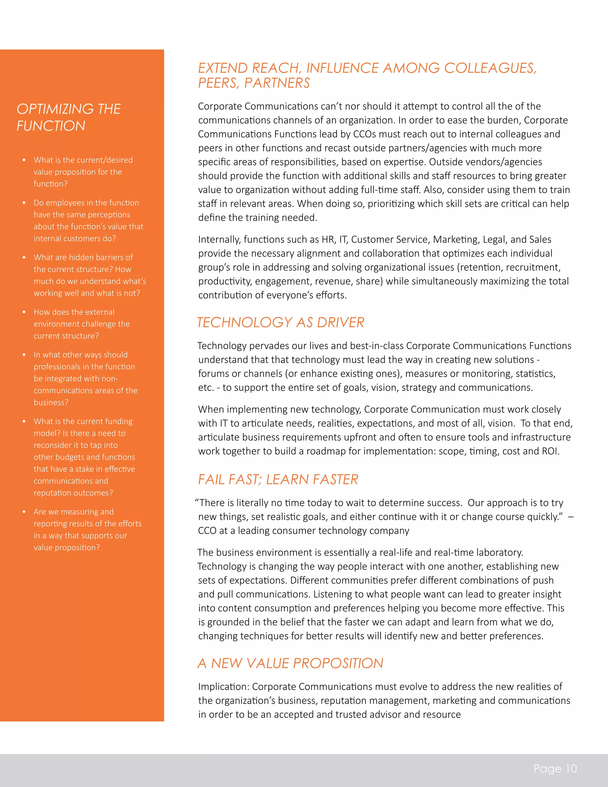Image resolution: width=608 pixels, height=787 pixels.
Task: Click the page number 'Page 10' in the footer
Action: point(555,768)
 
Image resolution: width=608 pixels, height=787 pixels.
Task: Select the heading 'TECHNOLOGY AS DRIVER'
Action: point(281,322)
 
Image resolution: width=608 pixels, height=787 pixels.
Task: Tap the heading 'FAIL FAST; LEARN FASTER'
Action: point(278,479)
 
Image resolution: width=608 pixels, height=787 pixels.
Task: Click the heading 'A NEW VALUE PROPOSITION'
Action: point(290,663)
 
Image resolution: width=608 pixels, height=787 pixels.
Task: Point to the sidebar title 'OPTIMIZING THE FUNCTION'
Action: point(69,117)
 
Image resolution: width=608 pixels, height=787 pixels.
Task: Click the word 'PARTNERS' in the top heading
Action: point(277,83)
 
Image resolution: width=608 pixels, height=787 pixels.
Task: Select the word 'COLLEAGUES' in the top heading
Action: point(490,68)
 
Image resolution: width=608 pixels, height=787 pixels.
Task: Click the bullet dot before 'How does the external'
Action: point(24,312)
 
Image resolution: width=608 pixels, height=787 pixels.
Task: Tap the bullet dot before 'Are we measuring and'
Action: point(24,512)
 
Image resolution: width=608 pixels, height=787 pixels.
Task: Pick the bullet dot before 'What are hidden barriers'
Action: point(24,257)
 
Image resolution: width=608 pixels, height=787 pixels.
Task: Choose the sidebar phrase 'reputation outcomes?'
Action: point(73,493)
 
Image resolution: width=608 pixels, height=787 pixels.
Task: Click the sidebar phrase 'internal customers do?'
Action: point(75,238)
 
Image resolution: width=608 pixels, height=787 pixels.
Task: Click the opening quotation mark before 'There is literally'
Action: point(197,502)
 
